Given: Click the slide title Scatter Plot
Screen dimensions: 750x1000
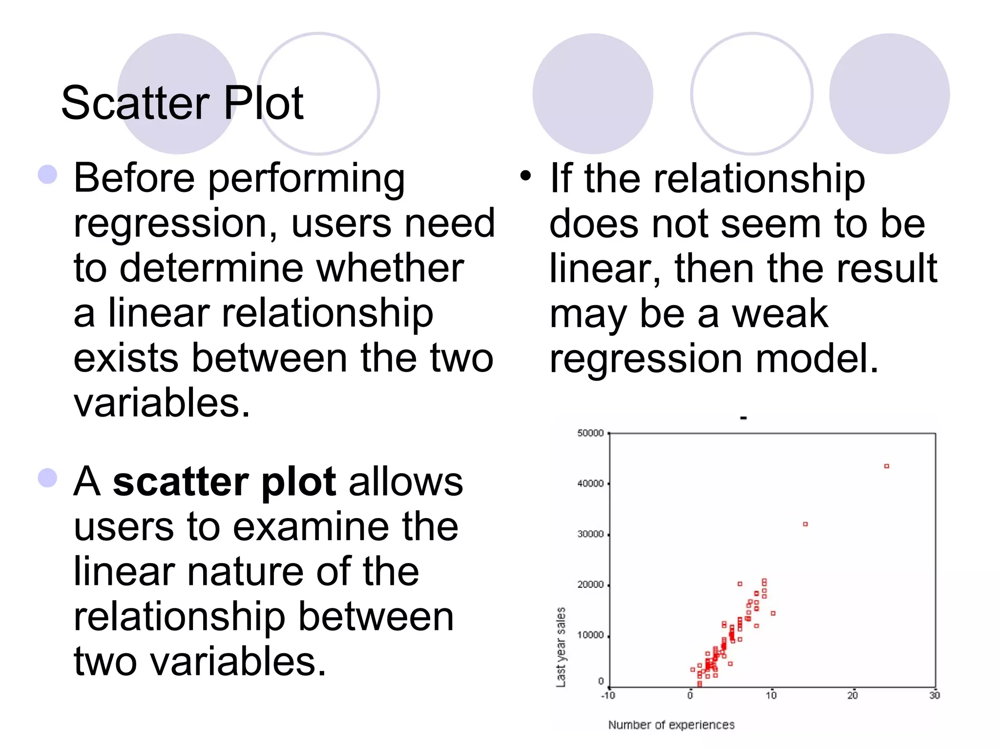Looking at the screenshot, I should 182,103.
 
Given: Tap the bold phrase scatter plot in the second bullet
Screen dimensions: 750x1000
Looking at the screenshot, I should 224,482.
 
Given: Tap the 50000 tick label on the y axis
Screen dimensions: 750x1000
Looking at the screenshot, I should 590,433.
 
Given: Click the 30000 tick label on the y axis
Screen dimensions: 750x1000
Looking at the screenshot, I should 590,534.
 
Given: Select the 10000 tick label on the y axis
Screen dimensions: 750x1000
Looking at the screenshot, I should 590,635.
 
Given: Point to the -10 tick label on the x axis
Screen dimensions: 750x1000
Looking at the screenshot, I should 608,695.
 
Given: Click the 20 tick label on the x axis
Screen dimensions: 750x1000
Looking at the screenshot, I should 853,695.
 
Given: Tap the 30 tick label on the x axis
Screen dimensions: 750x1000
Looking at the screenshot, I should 934,695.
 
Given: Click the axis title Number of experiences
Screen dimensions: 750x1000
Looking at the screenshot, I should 671,725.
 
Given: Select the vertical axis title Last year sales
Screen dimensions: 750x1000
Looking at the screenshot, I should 561,647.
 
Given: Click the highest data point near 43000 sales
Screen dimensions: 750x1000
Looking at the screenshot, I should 887,466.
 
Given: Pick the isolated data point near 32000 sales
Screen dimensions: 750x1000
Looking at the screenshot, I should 805,524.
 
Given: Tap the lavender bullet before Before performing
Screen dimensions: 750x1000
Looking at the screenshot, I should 47,174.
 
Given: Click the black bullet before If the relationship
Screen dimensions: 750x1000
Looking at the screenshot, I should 525,175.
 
